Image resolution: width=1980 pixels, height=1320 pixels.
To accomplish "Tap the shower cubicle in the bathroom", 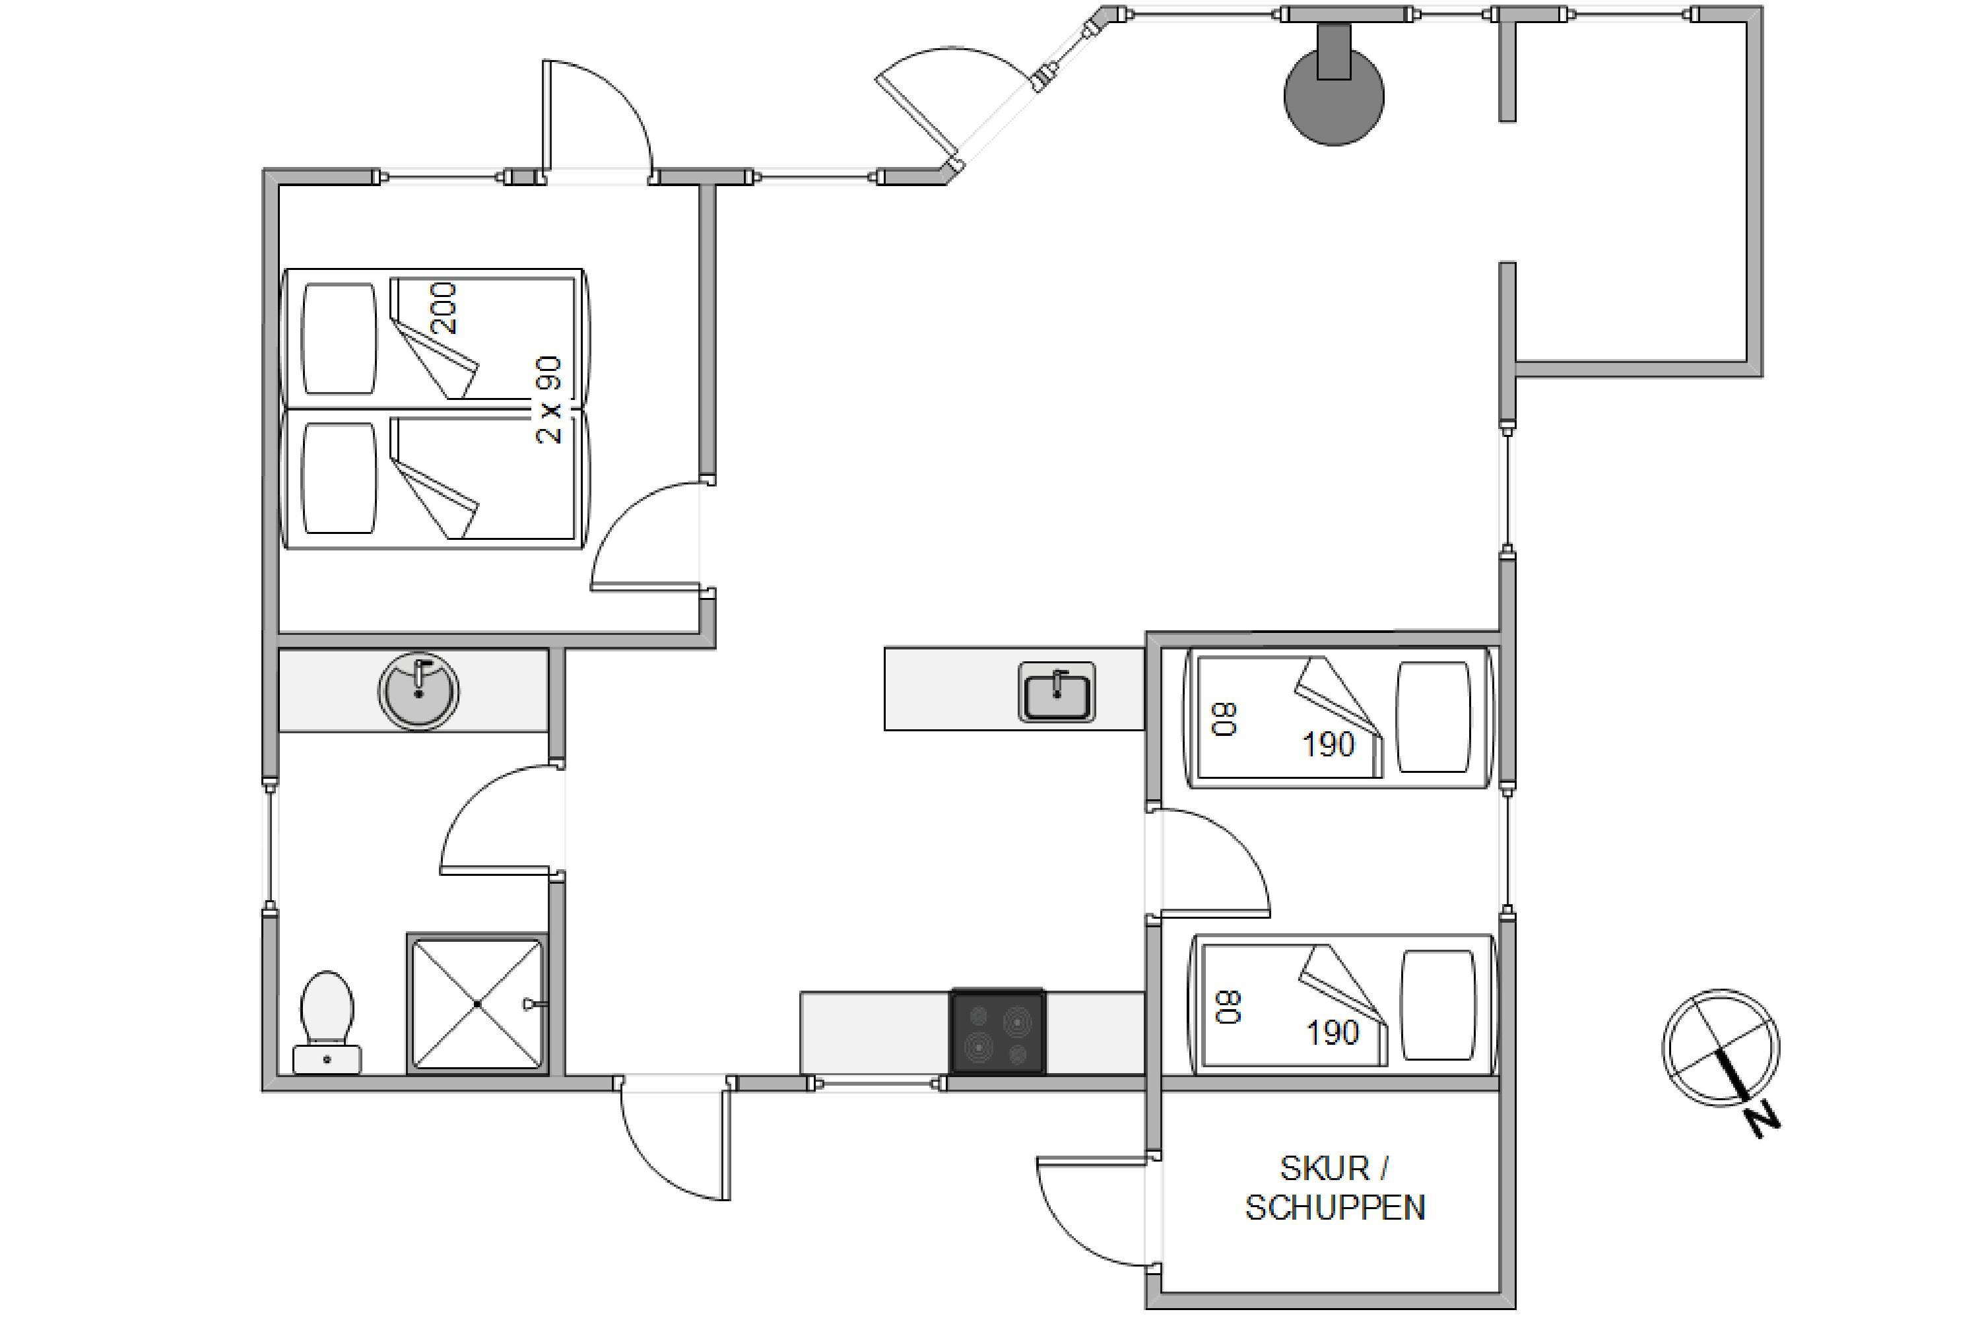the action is [x=477, y=1003].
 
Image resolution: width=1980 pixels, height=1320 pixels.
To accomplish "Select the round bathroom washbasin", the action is [x=419, y=690].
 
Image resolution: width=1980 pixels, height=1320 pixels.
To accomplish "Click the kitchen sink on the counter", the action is [x=1057, y=692].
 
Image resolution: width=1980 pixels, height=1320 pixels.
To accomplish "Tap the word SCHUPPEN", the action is [x=1335, y=1208].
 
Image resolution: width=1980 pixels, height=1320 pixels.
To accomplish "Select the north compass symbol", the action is [x=1721, y=1048].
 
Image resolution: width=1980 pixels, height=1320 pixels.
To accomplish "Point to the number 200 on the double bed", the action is [x=444, y=308].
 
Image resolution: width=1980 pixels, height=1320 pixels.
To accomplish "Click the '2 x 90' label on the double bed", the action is [x=549, y=400].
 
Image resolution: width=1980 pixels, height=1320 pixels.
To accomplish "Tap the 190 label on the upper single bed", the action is [x=1329, y=744].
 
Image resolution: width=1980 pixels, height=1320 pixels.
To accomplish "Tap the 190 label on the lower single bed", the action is [x=1333, y=1033].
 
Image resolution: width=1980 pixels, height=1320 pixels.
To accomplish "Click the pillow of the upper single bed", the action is [x=1434, y=717].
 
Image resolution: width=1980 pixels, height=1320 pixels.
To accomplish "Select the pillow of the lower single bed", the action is [x=1439, y=1005].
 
